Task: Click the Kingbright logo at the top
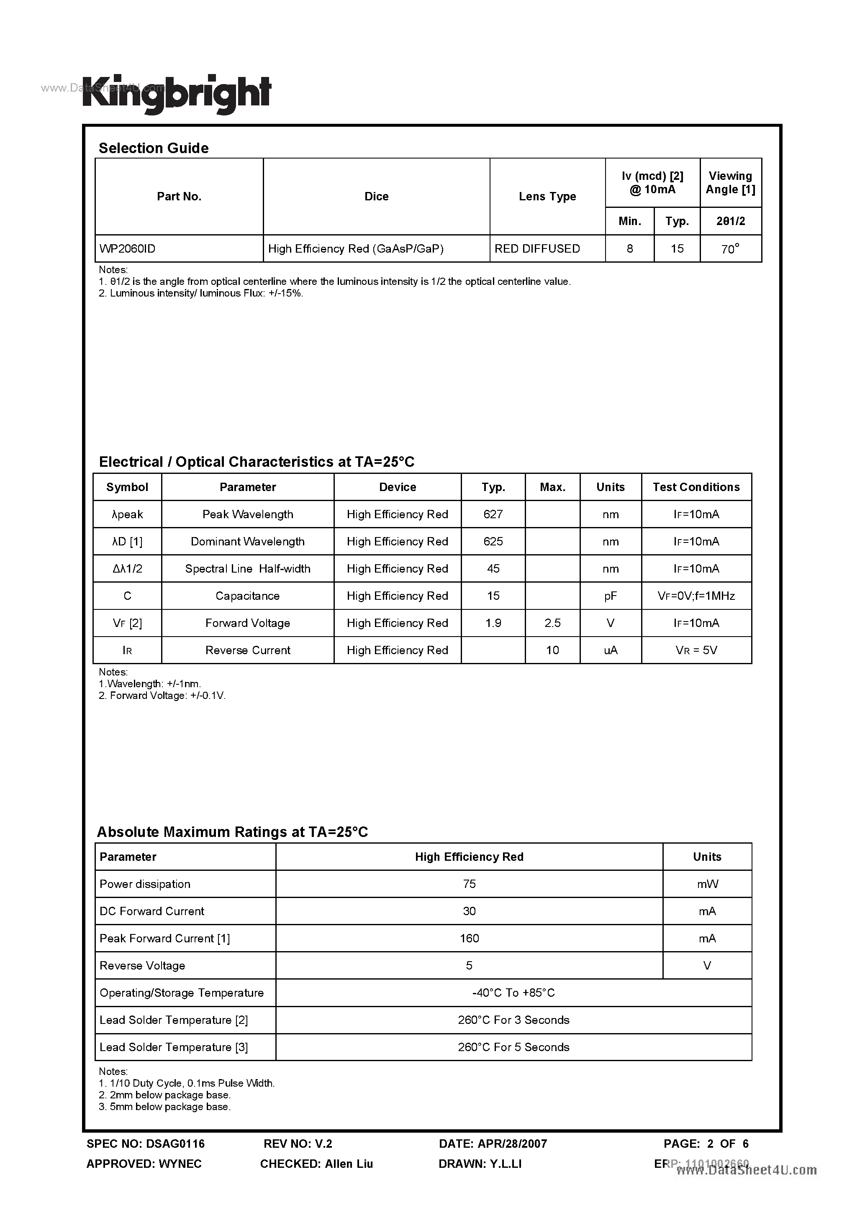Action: coord(177,94)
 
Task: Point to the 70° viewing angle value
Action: coord(730,249)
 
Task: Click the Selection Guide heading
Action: coord(154,148)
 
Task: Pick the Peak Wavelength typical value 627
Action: coord(493,514)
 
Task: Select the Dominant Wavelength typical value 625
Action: coord(493,541)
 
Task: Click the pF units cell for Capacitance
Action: coord(610,596)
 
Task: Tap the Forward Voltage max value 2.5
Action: coord(552,623)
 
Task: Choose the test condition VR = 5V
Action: coord(696,650)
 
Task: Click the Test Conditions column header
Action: coord(696,487)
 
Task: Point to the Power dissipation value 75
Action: coord(469,884)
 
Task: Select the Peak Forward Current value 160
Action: coord(469,938)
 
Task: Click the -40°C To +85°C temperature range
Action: coord(513,993)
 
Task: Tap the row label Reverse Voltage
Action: coord(142,965)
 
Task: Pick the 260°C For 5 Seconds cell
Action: coord(513,1046)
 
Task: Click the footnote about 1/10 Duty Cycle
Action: coord(187,1083)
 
